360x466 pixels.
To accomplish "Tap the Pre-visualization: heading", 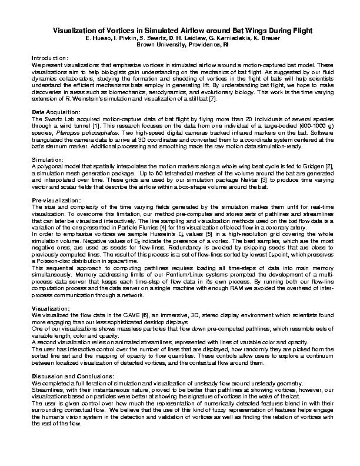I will tap(56, 201).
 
